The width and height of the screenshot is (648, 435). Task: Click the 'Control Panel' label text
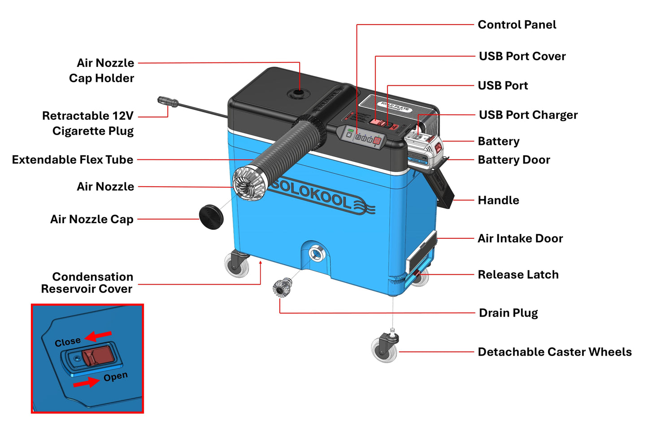point(517,25)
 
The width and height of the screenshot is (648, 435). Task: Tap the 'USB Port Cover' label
point(522,56)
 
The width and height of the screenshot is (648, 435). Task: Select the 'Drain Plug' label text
point(508,313)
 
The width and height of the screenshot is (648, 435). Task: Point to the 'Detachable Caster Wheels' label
point(554,352)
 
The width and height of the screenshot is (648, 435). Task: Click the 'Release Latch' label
point(518,274)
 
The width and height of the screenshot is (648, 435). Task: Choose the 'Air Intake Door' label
point(520,238)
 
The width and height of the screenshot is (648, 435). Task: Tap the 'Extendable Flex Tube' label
point(73,160)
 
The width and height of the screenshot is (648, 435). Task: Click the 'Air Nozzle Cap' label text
point(92,219)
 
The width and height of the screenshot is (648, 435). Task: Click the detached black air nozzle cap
point(211,217)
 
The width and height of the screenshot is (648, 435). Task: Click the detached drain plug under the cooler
point(282,288)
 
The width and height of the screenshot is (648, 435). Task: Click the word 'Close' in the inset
point(68,342)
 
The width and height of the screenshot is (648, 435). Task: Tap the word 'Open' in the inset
point(115,377)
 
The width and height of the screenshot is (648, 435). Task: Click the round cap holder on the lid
point(296,94)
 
